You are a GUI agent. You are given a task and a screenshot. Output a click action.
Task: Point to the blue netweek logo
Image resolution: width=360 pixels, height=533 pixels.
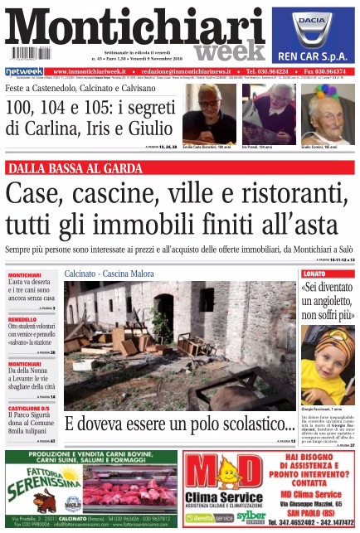(22, 72)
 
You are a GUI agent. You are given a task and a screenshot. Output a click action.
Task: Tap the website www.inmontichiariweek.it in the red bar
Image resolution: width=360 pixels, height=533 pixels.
(90, 72)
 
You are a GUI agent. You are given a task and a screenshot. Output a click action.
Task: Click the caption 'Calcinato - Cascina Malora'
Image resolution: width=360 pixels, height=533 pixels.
(104, 273)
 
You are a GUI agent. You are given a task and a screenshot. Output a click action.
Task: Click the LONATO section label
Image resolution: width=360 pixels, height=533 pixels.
(315, 274)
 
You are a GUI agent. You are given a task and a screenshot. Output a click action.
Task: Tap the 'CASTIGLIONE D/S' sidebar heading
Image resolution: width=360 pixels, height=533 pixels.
(32, 408)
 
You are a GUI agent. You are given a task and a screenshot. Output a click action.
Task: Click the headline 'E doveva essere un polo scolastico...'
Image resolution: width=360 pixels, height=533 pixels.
(179, 424)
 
